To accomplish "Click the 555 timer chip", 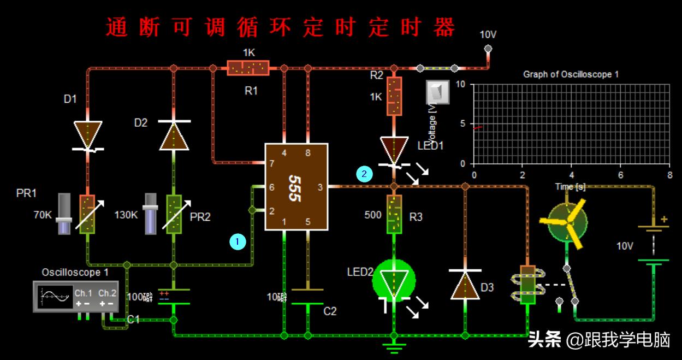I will [x=296, y=187].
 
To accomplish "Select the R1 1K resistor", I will [x=248, y=68].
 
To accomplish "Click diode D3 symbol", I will [x=465, y=284].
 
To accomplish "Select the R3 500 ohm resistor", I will [x=394, y=214].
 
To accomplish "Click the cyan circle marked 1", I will [x=238, y=240].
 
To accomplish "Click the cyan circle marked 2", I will [x=364, y=174].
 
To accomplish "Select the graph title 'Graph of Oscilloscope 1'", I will [x=571, y=74].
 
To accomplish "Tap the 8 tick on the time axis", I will [x=669, y=175].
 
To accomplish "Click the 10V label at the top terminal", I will [x=488, y=35].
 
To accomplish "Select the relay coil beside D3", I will [x=527, y=284].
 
